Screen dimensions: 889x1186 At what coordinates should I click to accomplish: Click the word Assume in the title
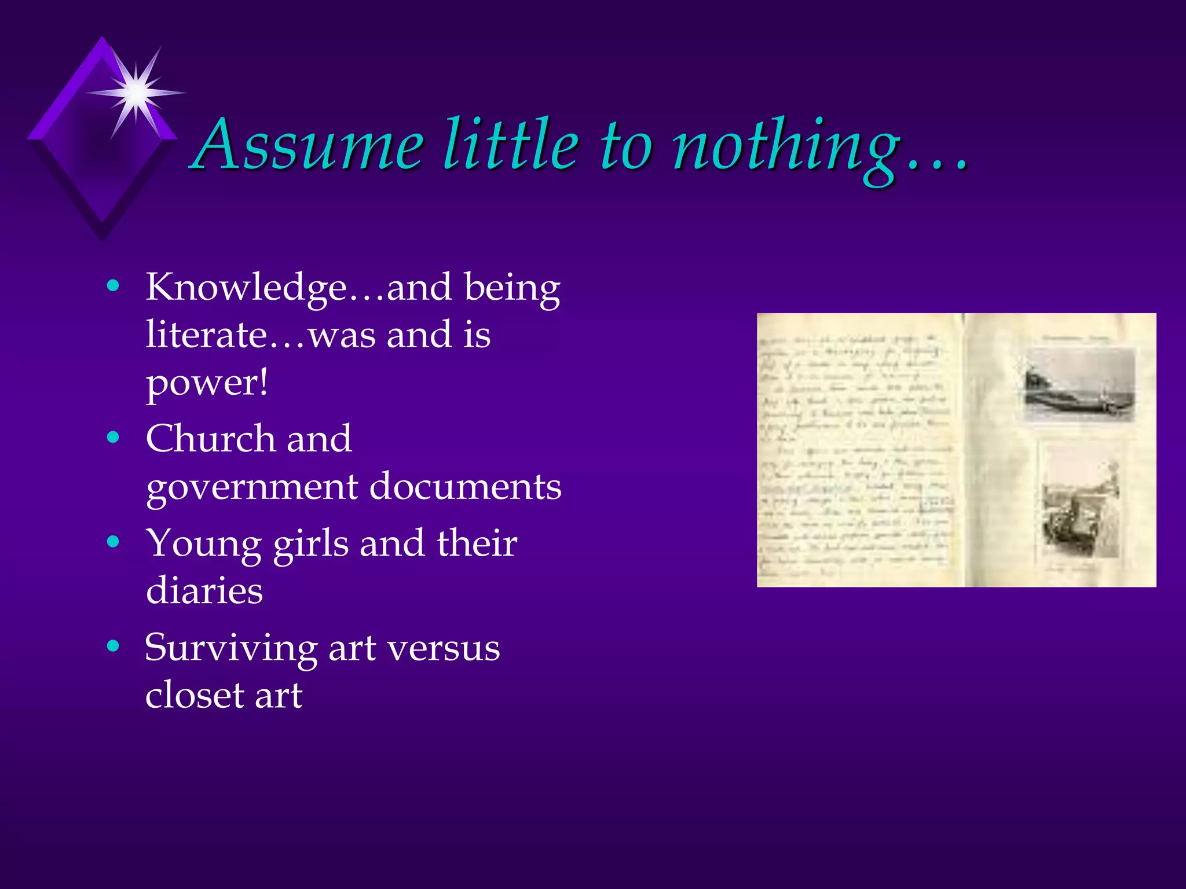(309, 144)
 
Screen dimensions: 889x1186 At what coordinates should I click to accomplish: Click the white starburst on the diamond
(137, 92)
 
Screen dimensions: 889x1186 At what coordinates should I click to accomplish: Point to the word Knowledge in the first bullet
(247, 288)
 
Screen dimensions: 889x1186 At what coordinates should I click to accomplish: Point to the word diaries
(204, 591)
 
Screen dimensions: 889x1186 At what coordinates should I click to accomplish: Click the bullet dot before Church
(114, 437)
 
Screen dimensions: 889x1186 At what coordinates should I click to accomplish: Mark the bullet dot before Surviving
(114, 645)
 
